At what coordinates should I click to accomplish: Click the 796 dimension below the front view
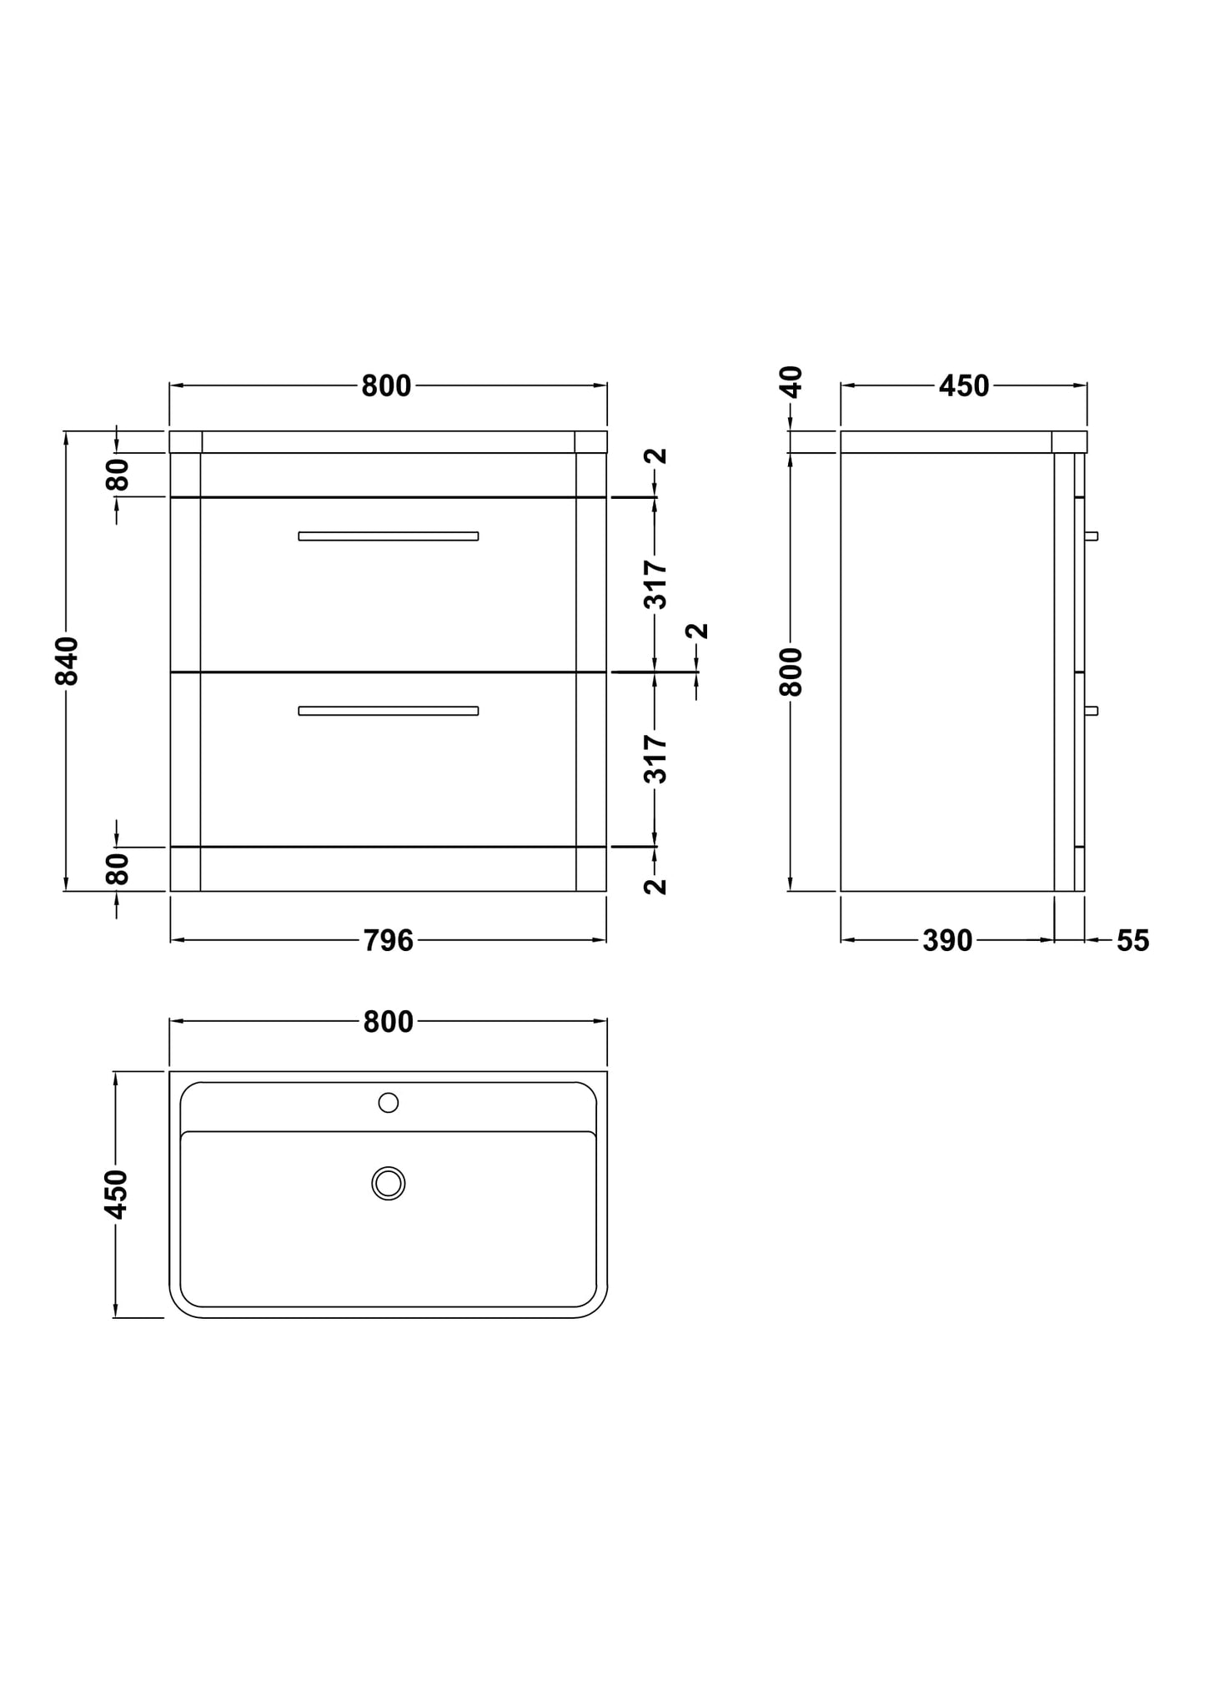click(x=388, y=941)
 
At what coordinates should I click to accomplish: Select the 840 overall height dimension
click(x=67, y=661)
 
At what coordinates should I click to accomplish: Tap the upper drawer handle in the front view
click(x=389, y=536)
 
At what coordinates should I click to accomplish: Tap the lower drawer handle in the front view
click(x=389, y=711)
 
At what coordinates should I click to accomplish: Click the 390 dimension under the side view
click(x=947, y=941)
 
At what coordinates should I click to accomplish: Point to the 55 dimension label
click(x=1132, y=941)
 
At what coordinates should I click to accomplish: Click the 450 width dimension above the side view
click(x=964, y=386)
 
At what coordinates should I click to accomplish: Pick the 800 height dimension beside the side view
click(x=791, y=672)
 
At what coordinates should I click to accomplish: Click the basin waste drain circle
click(x=389, y=1183)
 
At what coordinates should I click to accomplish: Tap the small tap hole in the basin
click(x=389, y=1103)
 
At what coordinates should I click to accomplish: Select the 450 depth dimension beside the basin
click(x=117, y=1194)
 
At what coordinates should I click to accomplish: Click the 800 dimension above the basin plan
click(x=388, y=1022)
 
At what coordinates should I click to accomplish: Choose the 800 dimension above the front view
click(x=386, y=386)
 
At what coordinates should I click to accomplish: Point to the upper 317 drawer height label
click(x=657, y=585)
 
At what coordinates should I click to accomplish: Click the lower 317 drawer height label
click(x=657, y=759)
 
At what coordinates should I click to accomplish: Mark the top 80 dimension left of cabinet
click(x=118, y=475)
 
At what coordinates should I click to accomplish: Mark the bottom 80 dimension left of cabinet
click(x=118, y=868)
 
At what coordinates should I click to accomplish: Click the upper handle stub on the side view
click(x=1092, y=536)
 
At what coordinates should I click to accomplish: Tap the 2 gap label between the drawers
click(x=699, y=631)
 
